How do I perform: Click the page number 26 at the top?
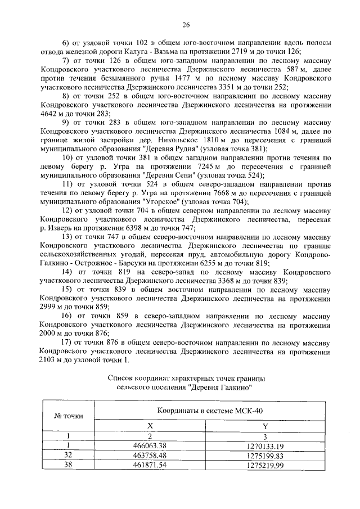186,25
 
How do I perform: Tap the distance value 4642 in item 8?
51,113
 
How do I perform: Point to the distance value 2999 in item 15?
51,307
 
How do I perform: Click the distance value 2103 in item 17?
51,360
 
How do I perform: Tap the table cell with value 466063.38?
150,445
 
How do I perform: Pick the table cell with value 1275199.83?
264,454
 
